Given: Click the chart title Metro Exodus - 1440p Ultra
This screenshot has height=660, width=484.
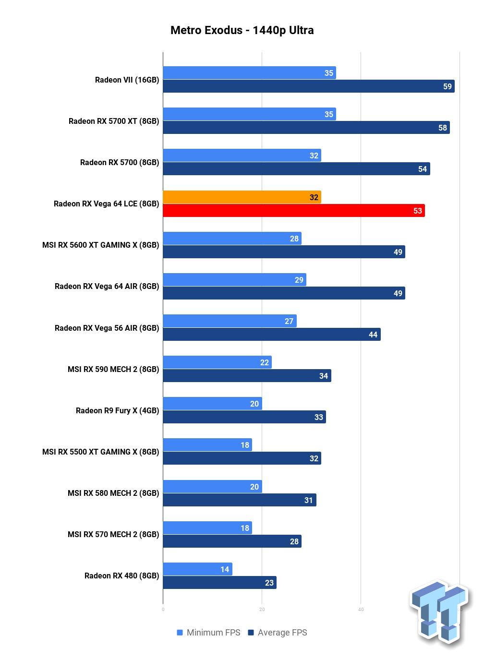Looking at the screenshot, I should tap(242, 30).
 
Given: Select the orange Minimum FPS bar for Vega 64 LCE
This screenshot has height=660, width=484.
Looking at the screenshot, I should tap(242, 197).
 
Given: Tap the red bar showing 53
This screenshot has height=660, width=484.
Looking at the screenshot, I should tap(293, 211).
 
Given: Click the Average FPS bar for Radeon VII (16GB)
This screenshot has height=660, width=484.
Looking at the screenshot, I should tap(308, 86).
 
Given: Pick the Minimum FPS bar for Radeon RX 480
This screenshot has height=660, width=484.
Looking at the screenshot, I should tap(197, 569).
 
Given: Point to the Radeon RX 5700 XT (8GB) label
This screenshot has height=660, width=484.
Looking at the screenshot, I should tap(113, 121).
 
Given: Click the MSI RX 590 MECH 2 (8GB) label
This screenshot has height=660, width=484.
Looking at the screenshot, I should tap(113, 369).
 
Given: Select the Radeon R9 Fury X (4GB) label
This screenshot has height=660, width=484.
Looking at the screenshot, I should tap(117, 410).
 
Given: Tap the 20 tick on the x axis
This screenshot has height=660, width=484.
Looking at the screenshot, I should tap(262, 610).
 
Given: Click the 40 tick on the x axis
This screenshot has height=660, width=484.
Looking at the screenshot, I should tap(361, 610).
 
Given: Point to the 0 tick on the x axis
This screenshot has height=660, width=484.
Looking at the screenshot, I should tap(163, 610).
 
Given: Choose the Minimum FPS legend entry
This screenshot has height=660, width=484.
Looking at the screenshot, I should tap(208, 633).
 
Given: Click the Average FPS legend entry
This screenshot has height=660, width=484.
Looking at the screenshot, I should tap(278, 633).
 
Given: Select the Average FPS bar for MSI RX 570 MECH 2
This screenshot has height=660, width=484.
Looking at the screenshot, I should tap(232, 541).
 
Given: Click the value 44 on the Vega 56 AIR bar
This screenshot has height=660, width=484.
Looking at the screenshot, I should tap(373, 335).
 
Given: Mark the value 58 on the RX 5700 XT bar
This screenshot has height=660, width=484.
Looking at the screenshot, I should tap(442, 128).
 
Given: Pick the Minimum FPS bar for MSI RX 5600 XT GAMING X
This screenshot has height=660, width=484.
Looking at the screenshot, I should tap(232, 239).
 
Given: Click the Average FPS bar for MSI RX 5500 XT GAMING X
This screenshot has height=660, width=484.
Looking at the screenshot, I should tap(242, 458).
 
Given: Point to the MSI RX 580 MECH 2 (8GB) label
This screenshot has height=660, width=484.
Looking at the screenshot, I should tap(113, 493).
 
